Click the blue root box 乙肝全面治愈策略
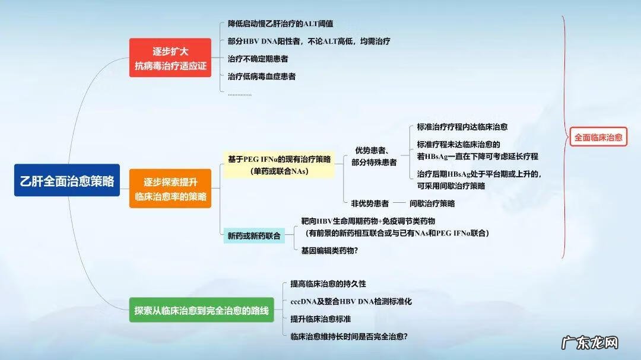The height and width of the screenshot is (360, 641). pyautogui.click(x=67, y=180)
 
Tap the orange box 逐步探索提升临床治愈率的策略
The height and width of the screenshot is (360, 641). pyautogui.click(x=170, y=188)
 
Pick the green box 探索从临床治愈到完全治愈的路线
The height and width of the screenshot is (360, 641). pyautogui.click(x=201, y=310)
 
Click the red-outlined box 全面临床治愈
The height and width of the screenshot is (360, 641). pyautogui.click(x=598, y=138)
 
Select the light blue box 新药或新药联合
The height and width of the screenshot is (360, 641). pyautogui.click(x=254, y=235)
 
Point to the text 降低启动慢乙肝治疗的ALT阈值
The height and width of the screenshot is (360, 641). pyautogui.click(x=280, y=24)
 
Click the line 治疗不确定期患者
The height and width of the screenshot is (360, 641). pyautogui.click(x=258, y=59)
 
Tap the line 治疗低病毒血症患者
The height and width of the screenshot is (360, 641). pyautogui.click(x=262, y=76)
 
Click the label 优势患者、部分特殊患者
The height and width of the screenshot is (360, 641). pyautogui.click(x=374, y=156)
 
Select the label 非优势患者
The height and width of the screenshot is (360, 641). pyautogui.click(x=370, y=203)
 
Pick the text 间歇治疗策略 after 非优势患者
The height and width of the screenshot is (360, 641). pyautogui.click(x=432, y=203)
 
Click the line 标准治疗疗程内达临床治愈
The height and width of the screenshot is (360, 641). pyautogui.click(x=462, y=127)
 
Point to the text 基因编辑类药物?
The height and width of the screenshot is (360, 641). pyautogui.click(x=329, y=250)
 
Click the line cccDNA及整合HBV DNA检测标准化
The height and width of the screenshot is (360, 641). pyautogui.click(x=351, y=301)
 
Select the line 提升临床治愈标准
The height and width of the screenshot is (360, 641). pyautogui.click(x=320, y=318)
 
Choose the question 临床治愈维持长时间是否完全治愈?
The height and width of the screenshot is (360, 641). pyautogui.click(x=348, y=336)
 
